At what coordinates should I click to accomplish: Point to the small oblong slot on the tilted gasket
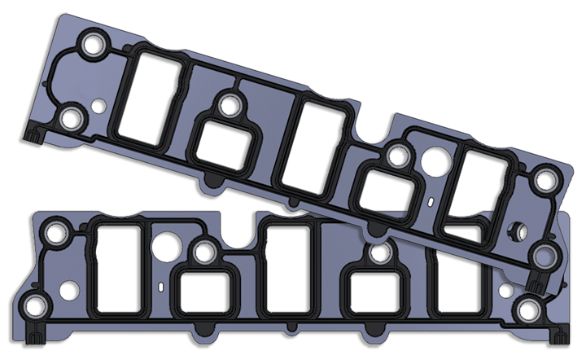(x=430, y=200)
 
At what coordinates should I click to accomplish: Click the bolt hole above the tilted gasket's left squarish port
(x=229, y=103)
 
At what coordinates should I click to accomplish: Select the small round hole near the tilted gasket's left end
(x=98, y=106)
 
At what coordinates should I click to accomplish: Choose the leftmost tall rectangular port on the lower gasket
(x=120, y=261)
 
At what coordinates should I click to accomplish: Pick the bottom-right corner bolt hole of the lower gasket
(x=530, y=310)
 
